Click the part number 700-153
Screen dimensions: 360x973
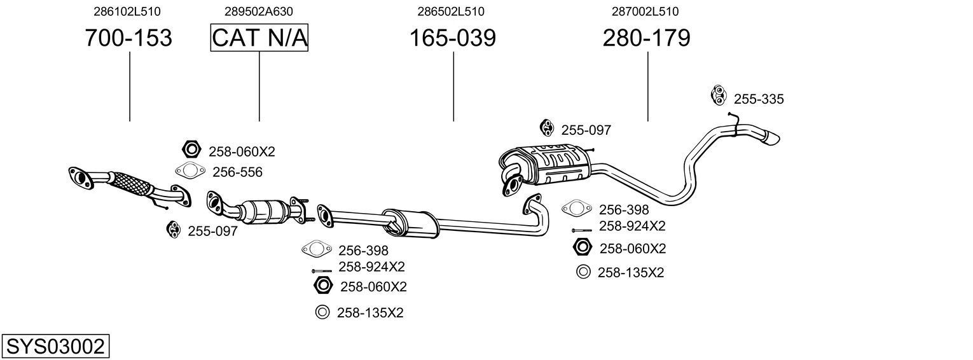coord(128,38)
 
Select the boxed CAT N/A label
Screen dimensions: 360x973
coord(259,38)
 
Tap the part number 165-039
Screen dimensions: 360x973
coord(452,38)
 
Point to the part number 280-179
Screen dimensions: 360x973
coord(646,38)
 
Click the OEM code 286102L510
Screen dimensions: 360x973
coord(127,11)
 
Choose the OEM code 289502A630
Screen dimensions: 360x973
coord(259,11)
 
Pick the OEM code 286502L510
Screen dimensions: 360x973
coord(451,11)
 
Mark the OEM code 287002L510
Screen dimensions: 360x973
coord(645,11)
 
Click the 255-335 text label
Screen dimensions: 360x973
coord(759,99)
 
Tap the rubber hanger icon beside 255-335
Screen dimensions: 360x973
coord(718,95)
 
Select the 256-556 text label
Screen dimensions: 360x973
coord(237,172)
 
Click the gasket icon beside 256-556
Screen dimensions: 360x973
coord(190,170)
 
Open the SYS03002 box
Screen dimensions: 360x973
coord(55,347)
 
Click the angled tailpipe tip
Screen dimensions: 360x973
coord(772,137)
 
